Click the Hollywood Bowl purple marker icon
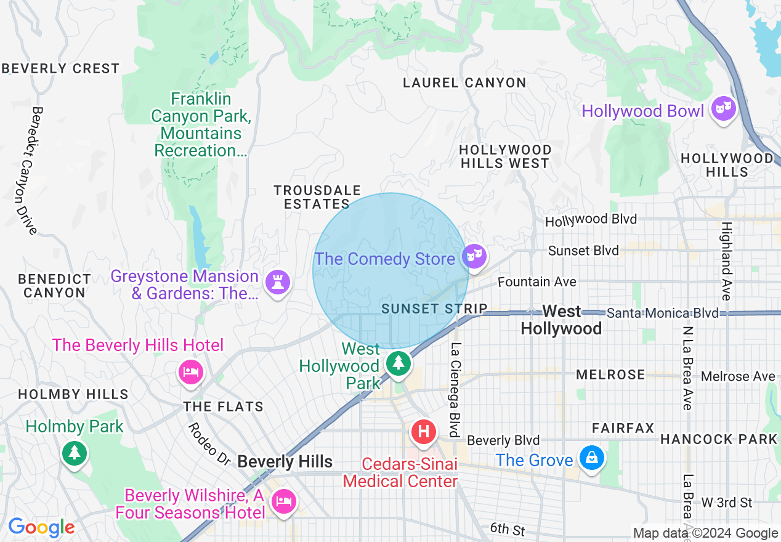[x=724, y=109]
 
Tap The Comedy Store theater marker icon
[x=475, y=256]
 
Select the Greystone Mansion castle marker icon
[x=277, y=283]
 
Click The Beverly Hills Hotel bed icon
[x=191, y=371]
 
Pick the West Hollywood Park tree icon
[x=399, y=362]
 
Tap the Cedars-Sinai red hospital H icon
[x=424, y=431]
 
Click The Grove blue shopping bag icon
[x=591, y=458]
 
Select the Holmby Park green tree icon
[x=75, y=453]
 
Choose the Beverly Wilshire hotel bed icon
[x=283, y=501]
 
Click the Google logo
[x=41, y=528]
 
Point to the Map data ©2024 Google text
[x=706, y=533]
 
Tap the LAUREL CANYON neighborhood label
[x=464, y=83]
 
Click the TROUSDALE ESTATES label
[x=317, y=197]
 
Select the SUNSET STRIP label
[x=434, y=309]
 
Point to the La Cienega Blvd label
[x=456, y=389]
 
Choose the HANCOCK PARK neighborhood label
[x=719, y=439]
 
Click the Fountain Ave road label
[x=537, y=281]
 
